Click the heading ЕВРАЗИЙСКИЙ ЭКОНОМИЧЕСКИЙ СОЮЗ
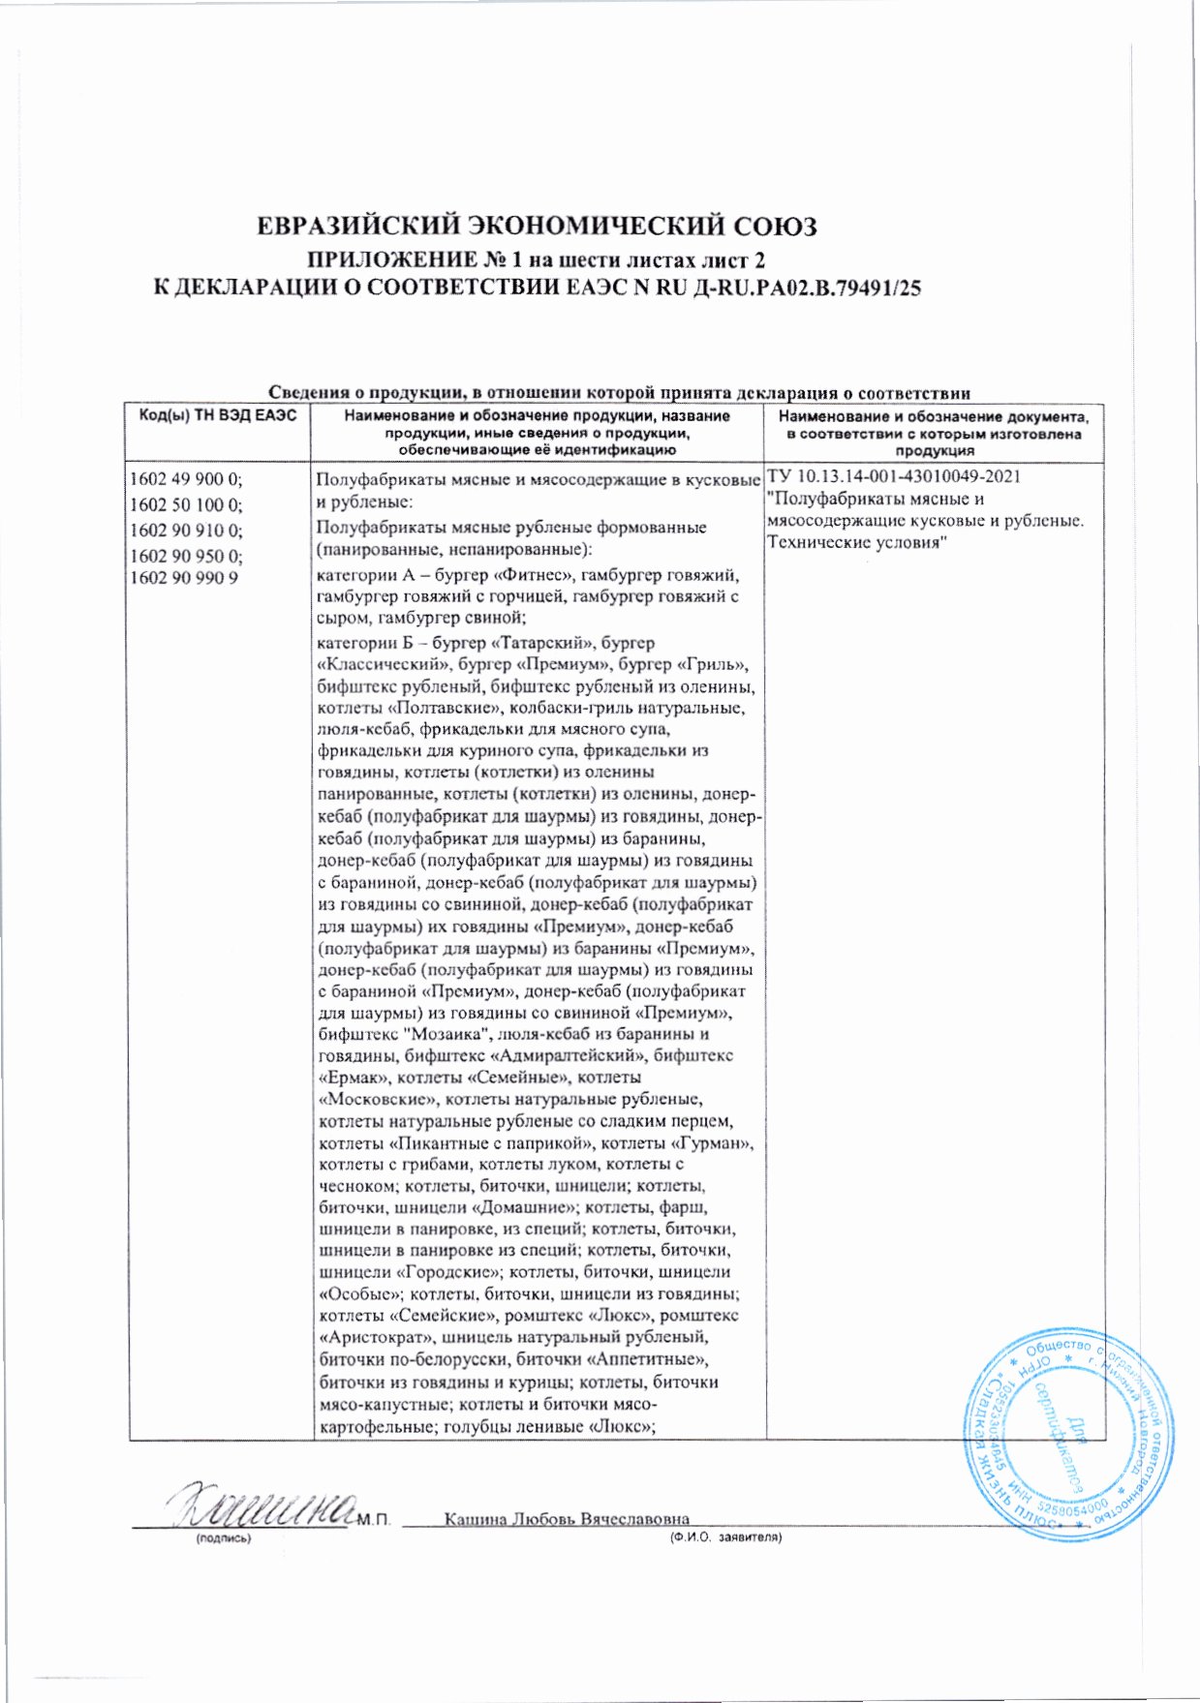(x=537, y=227)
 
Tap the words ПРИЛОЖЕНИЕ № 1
(x=391, y=259)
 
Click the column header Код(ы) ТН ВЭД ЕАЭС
(x=218, y=416)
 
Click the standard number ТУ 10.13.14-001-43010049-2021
(x=893, y=477)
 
